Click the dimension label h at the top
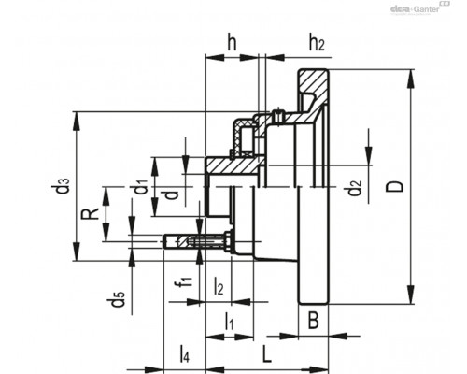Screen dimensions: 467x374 232,43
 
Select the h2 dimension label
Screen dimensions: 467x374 317,43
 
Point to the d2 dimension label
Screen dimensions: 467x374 355,187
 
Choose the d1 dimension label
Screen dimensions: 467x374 141,186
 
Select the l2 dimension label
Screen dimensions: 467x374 219,287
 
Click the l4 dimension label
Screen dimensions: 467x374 184,354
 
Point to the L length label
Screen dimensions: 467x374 267,353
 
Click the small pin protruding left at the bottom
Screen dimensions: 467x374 176,241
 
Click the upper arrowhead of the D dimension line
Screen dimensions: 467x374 411,79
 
